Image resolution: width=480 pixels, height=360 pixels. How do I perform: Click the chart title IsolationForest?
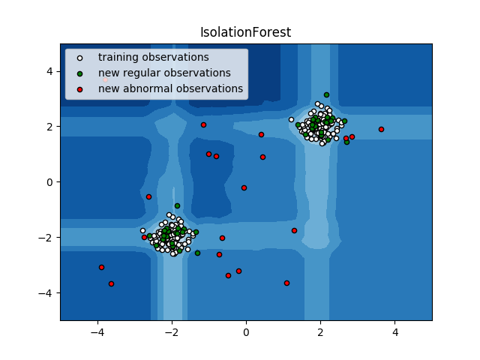pyautogui.click(x=245, y=32)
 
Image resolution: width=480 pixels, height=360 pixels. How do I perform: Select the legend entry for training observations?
pyautogui.click(x=153, y=57)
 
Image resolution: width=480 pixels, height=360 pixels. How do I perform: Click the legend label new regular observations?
pyautogui.click(x=164, y=73)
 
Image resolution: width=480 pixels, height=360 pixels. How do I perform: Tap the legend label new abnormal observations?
pyautogui.click(x=170, y=88)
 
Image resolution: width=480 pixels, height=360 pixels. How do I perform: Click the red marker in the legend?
pyautogui.click(x=80, y=89)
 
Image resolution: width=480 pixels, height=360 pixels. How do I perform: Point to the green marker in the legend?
pyautogui.click(x=80, y=73)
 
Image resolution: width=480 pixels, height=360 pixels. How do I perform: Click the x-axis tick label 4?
pyautogui.click(x=394, y=333)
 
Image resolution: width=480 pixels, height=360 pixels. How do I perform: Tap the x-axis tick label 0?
pyautogui.click(x=246, y=333)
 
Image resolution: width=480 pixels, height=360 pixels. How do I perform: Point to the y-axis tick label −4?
pyautogui.click(x=49, y=292)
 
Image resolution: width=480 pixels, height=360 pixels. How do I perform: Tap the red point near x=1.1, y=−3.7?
pyautogui.click(x=286, y=283)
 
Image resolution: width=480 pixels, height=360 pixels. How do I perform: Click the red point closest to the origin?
pyautogui.click(x=244, y=187)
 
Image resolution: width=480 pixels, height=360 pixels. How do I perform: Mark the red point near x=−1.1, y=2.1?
pyautogui.click(x=203, y=124)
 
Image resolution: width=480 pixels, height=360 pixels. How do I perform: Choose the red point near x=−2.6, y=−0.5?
pyautogui.click(x=148, y=196)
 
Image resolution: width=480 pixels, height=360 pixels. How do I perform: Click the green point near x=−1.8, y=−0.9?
pyautogui.click(x=177, y=205)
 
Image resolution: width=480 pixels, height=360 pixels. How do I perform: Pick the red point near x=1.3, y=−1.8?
pyautogui.click(x=294, y=230)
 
